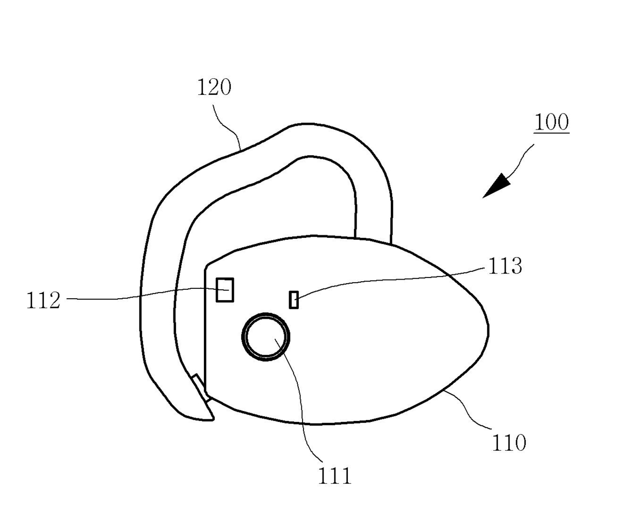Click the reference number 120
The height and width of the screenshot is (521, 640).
214,88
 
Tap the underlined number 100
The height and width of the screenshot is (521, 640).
551,123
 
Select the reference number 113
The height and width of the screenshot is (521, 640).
504,266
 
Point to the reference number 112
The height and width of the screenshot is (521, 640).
43,300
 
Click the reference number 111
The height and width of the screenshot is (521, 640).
334,476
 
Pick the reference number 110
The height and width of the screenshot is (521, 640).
509,443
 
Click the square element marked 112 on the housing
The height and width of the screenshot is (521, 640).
225,289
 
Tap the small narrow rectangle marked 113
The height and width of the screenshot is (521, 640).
294,300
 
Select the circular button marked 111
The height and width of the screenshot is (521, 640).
265,336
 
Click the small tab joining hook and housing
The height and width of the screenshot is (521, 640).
200,387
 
